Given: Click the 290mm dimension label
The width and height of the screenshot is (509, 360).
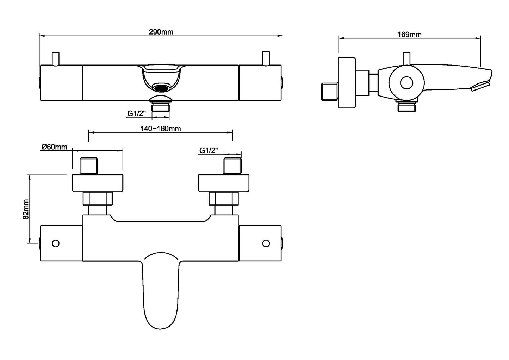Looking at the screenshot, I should (x=161, y=32).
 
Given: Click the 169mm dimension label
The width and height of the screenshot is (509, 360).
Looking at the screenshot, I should (x=409, y=34).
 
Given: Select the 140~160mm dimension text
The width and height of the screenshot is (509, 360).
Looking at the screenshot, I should (x=161, y=129).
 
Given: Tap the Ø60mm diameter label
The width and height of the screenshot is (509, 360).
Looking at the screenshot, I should (x=54, y=147).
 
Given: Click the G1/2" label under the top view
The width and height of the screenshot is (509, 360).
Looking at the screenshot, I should (x=137, y=113).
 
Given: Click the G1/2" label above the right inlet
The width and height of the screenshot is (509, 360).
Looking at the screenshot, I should (x=209, y=150).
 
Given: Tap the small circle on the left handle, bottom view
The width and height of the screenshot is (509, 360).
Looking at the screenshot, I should (x=56, y=243).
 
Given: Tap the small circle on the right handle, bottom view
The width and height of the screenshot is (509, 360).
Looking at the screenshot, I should (x=266, y=243).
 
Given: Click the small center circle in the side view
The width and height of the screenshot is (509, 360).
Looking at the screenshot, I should (x=406, y=83).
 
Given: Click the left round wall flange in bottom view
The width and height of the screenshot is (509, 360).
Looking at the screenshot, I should (x=98, y=183).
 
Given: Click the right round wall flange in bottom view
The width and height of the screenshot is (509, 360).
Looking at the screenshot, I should (x=224, y=183).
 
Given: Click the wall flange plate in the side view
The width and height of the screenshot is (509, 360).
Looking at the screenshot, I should (x=347, y=83).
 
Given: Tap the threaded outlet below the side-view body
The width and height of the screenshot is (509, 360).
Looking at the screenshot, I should (x=407, y=106).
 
